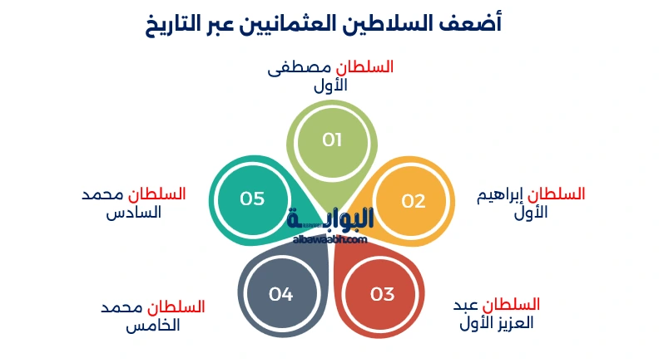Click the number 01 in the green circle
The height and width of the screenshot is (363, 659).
[x=332, y=140]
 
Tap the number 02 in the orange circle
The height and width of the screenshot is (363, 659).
[x=413, y=201]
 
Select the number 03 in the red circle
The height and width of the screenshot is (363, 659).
[x=382, y=294]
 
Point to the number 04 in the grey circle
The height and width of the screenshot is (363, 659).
[x=281, y=294]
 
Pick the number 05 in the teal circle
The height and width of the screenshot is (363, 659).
[x=252, y=199]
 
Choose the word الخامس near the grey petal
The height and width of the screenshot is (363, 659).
[x=153, y=325]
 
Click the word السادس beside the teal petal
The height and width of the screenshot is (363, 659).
[x=133, y=213]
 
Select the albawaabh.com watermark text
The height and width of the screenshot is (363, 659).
[x=329, y=239]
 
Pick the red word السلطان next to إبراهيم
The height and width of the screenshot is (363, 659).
[x=557, y=194]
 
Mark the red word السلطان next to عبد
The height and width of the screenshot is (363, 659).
[x=512, y=305]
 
